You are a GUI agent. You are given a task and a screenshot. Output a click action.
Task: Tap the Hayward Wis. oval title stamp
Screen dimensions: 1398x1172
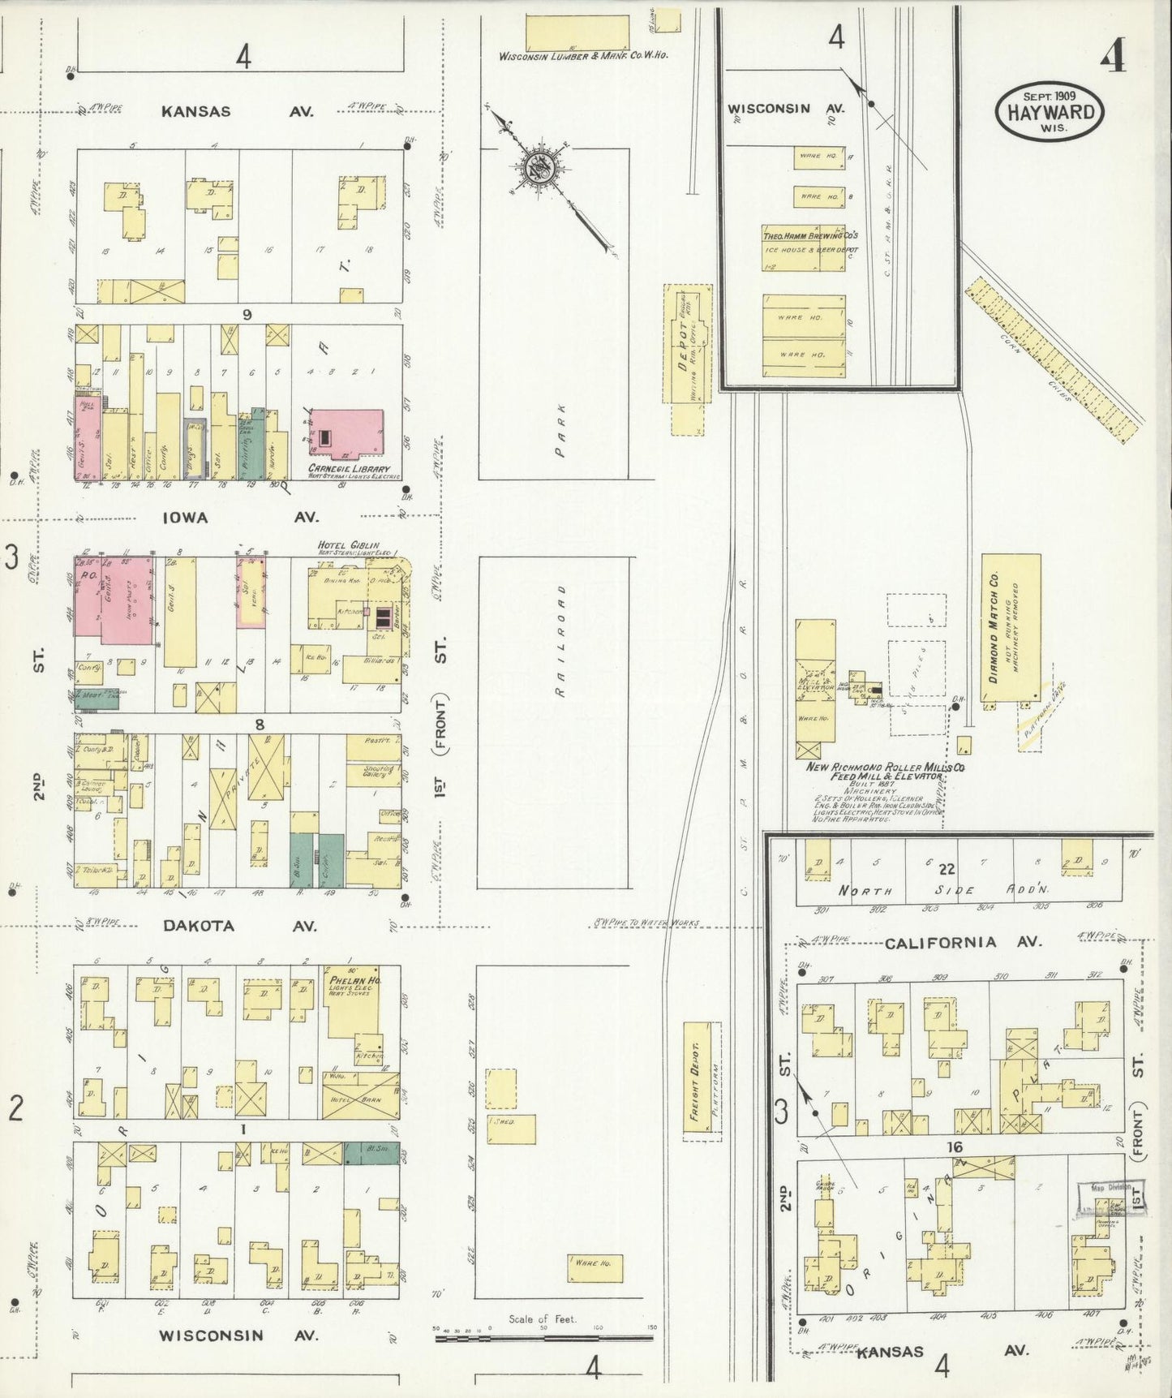tap(1050, 113)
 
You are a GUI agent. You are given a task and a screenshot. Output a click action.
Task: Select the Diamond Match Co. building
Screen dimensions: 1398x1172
tap(1011, 629)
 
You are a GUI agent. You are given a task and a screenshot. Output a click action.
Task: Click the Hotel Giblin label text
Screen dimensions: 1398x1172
tap(350, 546)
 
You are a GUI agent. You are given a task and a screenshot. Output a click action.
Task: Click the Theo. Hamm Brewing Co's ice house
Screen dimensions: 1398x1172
tap(803, 247)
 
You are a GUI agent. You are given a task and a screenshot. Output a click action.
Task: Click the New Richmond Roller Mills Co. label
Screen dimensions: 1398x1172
tap(884, 767)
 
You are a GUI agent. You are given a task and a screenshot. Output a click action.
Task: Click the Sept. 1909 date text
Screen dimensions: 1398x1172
tap(1049, 95)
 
